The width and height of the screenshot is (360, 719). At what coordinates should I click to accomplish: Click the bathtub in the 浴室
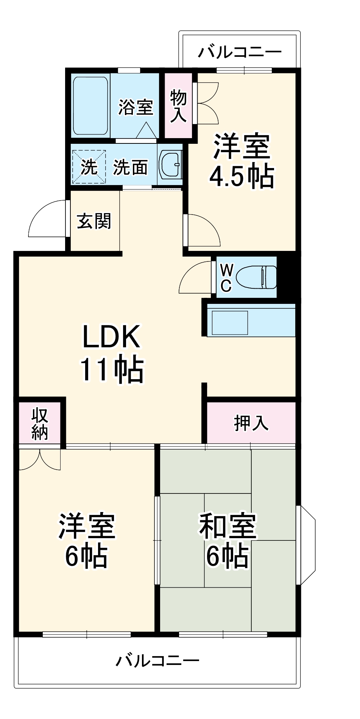pos(90,106)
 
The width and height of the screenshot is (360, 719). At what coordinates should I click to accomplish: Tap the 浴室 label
pos(135,107)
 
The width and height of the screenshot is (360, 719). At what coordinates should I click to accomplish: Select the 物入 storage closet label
pos(178,106)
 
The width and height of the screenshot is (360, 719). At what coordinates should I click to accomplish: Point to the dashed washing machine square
pos(89,167)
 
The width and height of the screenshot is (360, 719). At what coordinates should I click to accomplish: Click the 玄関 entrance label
pos(94,221)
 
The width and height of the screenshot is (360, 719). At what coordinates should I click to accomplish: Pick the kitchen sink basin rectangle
pos(230,323)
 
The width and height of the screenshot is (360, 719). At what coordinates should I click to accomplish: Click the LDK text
pos(111,336)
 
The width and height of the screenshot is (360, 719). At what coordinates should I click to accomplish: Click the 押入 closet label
pos(251,423)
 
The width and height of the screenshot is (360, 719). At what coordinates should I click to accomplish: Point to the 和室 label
pos(228,526)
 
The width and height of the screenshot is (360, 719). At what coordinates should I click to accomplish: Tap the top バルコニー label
pos(240,52)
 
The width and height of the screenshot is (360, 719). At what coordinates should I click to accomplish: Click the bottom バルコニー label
pos(157,661)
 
